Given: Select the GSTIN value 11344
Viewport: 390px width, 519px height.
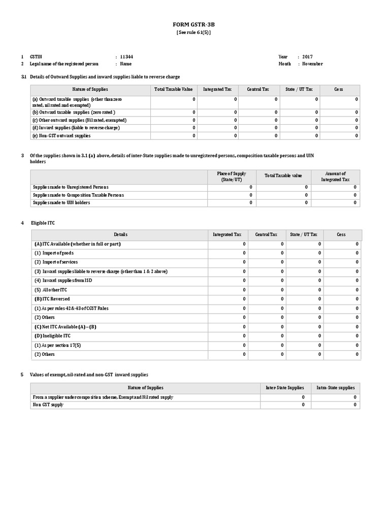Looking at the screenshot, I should click(126, 56).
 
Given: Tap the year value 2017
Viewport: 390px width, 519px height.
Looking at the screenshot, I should click(308, 56).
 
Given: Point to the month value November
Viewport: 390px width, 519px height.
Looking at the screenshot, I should click(312, 64).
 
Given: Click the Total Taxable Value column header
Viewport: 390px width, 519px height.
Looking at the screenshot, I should click(170, 89).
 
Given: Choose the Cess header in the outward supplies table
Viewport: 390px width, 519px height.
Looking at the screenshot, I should click(338, 89).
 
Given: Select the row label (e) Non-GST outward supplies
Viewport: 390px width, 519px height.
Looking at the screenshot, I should click(61, 136).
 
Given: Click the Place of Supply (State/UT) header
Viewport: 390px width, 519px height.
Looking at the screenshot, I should click(231, 177).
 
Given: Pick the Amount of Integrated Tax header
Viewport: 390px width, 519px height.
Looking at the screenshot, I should click(335, 177).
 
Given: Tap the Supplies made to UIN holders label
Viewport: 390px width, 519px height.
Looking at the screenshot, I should click(61, 203).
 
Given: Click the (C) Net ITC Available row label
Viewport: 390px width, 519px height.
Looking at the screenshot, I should click(65, 327).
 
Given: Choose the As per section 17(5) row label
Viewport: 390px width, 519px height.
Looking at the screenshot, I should click(58, 345).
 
